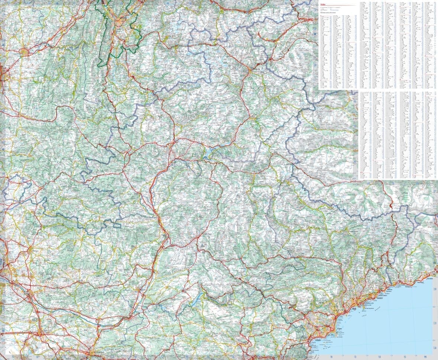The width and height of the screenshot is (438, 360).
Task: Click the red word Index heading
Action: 323,5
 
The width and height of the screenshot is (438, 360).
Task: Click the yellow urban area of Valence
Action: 25,52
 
